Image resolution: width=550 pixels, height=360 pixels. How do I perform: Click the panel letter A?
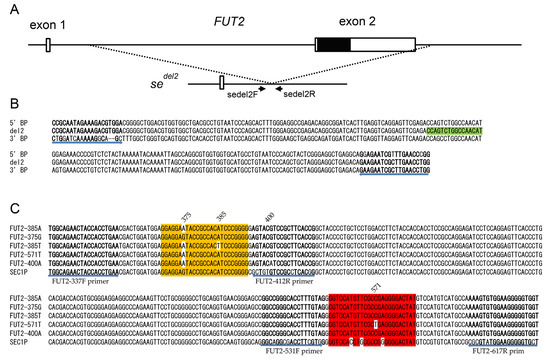pyautogui.click(x=10, y=9)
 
